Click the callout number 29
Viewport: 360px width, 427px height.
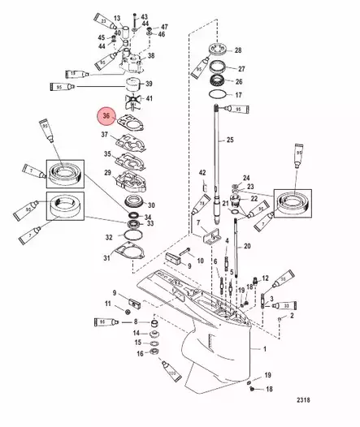pyautogui.click(x=107, y=174)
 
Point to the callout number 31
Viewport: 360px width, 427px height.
pyautogui.click(x=106, y=258)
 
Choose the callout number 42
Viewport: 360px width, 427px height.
pyautogui.click(x=202, y=173)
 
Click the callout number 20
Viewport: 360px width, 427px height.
pyautogui.click(x=247, y=245)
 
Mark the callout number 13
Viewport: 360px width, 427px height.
pyautogui.click(x=117, y=17)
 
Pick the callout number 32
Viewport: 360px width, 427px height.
pyautogui.click(x=109, y=237)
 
